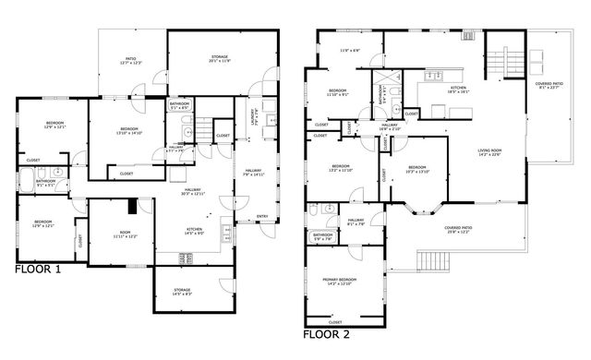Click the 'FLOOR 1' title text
point(39,270)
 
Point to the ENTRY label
point(262,218)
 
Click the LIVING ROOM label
point(488,151)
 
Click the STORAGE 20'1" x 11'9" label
point(220,59)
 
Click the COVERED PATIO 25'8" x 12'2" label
point(459,231)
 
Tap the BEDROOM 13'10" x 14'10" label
point(128,131)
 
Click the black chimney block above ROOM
point(132,207)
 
